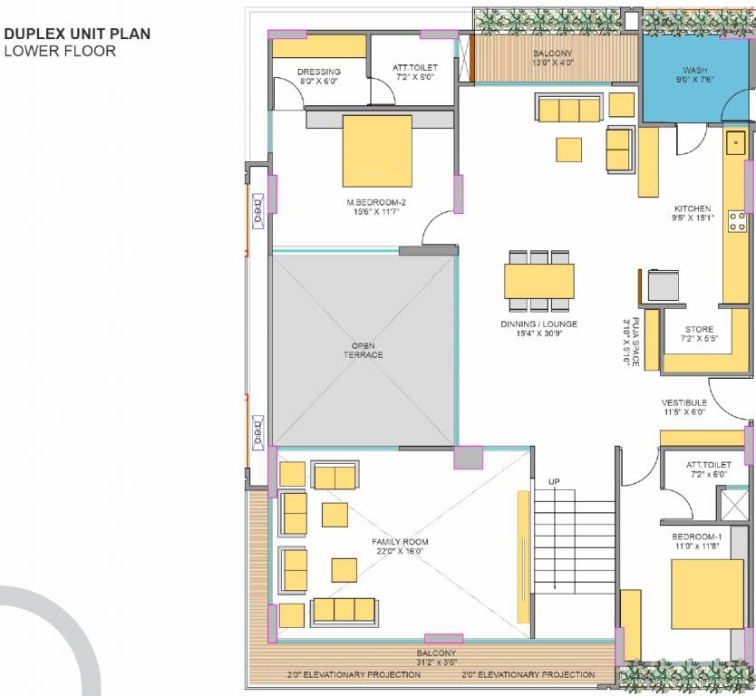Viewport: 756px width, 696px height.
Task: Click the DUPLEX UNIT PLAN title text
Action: (x=77, y=34)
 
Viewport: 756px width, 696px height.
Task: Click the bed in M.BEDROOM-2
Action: (x=377, y=150)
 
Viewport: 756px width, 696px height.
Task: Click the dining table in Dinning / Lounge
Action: (x=539, y=280)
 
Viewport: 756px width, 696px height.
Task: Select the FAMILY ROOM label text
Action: (x=400, y=542)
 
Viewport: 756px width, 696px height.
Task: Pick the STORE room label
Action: (x=699, y=330)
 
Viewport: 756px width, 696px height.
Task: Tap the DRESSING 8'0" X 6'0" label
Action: (x=319, y=76)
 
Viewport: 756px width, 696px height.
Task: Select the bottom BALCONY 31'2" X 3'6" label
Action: (x=436, y=657)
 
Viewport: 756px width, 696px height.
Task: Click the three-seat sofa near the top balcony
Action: (x=568, y=110)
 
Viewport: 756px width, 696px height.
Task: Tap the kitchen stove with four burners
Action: (x=737, y=221)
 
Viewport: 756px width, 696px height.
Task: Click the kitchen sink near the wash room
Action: (x=736, y=141)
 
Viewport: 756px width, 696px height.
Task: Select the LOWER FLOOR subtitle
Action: (x=60, y=52)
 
